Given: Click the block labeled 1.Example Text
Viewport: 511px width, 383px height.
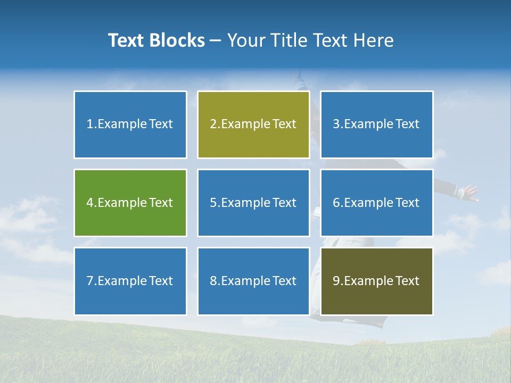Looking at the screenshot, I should [130, 124].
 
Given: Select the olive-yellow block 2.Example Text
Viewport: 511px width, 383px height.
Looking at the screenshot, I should [253, 124].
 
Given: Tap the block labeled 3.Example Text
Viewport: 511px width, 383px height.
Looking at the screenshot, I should [376, 124].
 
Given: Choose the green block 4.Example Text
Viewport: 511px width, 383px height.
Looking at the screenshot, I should [130, 203].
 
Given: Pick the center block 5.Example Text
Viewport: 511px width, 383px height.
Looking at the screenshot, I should [253, 203].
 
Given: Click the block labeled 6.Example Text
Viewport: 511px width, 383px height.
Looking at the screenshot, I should [376, 203].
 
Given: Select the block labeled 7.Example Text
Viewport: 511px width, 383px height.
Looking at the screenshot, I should [130, 281].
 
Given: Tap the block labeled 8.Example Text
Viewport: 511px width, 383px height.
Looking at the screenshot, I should [253, 281].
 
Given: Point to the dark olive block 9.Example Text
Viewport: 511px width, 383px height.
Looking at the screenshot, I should [376, 281].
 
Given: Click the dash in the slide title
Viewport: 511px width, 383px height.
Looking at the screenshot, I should [216, 40].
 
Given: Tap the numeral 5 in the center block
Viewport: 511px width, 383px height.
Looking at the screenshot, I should [213, 203].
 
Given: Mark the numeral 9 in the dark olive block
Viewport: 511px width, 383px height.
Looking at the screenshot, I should [336, 281].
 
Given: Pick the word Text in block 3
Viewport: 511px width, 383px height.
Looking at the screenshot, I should [407, 124].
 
